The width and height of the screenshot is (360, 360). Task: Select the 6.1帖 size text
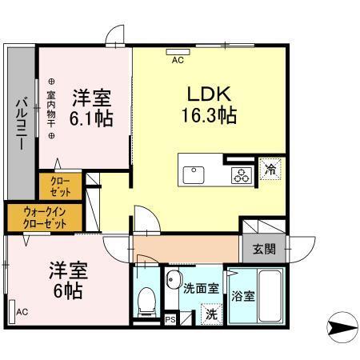(x=91, y=118)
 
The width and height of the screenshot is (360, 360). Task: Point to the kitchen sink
(x=194, y=174)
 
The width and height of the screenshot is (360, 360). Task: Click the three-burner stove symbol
(x=240, y=176)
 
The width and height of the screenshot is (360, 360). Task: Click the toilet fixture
(x=146, y=300)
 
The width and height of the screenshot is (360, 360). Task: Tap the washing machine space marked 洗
(x=210, y=313)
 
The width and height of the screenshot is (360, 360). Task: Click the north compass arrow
(x=341, y=326)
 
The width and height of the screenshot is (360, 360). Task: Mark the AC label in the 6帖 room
(x=22, y=311)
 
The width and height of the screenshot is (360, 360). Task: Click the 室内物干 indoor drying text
(x=51, y=109)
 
